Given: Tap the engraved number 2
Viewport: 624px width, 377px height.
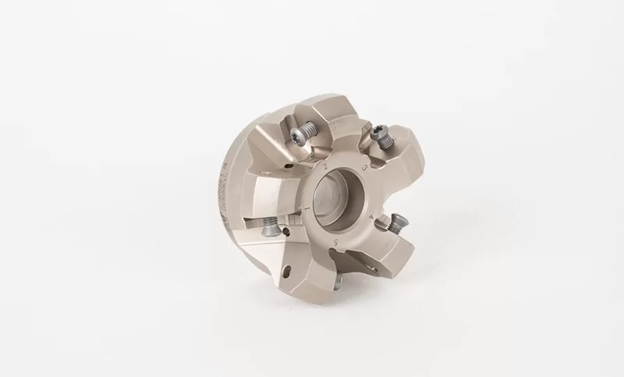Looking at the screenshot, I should click(323, 166).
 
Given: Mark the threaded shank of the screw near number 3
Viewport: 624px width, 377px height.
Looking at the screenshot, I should click(386, 145).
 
